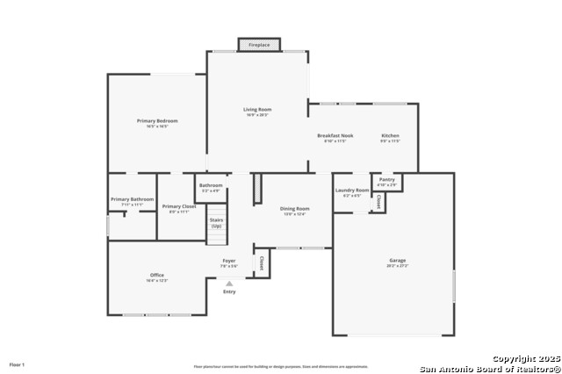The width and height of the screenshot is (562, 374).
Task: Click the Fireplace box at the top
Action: (259, 44)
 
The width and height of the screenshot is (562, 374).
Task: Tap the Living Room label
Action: (257, 110)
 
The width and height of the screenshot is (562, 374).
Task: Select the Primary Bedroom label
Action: (157, 120)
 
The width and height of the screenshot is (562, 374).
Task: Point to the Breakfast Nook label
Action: (335, 136)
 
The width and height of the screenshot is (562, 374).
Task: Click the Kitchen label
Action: (390, 136)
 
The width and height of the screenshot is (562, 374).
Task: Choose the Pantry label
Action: (387, 180)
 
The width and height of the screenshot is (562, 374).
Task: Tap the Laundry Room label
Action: (352, 191)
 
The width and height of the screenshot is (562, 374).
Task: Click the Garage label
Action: (398, 261)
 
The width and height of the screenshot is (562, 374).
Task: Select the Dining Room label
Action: (294, 209)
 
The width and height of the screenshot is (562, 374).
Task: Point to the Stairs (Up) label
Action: (216, 224)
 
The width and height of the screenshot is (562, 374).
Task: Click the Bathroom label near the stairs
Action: (211, 185)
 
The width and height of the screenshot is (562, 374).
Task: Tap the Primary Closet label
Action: (179, 206)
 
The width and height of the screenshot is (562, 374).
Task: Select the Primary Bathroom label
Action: (133, 199)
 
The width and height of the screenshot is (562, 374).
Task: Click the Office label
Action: (156, 276)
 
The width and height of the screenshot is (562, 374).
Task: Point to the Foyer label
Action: (228, 261)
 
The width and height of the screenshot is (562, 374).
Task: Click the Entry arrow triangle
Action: (229, 284)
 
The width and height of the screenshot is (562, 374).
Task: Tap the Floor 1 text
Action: (17, 363)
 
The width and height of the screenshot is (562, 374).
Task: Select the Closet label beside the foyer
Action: (261, 263)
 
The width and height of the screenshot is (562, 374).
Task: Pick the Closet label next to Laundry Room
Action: (378, 201)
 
